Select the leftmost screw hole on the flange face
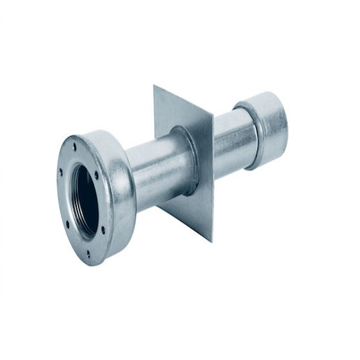click(61, 172)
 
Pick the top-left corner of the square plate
click(154, 86)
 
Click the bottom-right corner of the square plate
click(211, 241)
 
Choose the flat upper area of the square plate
click(180, 111)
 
